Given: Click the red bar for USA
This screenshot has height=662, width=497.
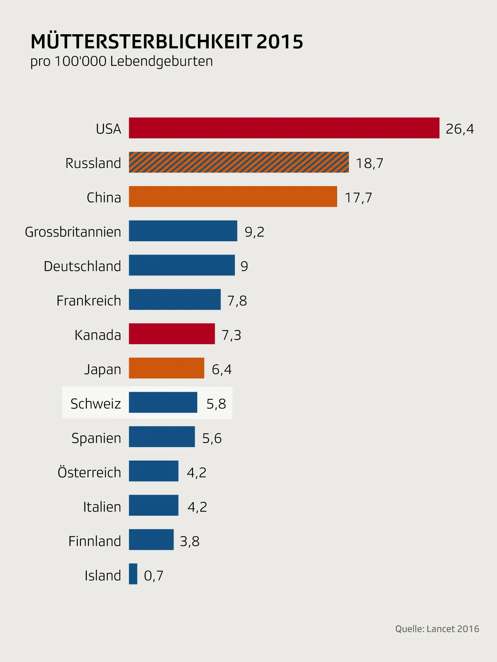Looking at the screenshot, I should [x=284, y=128].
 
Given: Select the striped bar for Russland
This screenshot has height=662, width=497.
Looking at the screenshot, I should [x=239, y=162].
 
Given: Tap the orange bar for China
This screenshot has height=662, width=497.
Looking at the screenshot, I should [x=233, y=197].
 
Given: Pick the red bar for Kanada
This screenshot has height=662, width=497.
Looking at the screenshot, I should [x=172, y=334].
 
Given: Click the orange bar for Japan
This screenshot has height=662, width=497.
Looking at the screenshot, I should [x=166, y=368].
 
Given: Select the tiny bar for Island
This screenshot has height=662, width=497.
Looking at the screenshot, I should [x=133, y=574].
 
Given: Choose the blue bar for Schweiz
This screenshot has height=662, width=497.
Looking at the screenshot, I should [x=163, y=402].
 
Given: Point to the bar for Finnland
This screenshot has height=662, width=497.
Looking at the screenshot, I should [x=151, y=539].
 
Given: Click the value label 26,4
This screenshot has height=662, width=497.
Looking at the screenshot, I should [x=460, y=129].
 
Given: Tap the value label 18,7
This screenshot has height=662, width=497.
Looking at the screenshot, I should [x=370, y=163].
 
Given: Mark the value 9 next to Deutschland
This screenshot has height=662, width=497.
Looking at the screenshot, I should [x=244, y=266].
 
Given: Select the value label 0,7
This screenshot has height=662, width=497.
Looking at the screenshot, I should [x=154, y=575].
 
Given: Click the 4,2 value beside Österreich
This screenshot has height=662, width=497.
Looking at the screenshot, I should [x=196, y=472].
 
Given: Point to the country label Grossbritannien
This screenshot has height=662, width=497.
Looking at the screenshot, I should [x=73, y=232].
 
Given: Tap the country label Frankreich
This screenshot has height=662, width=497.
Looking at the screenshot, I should [x=89, y=301].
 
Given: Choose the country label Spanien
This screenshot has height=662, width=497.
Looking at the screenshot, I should [x=96, y=438].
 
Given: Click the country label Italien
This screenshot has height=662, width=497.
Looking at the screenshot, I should [x=102, y=507].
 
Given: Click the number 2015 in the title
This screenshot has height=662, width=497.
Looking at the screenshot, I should [x=280, y=42].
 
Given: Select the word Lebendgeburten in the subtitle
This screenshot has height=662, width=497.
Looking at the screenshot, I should [x=161, y=61].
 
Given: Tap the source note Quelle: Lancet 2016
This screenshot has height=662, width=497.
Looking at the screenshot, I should [x=437, y=629].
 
